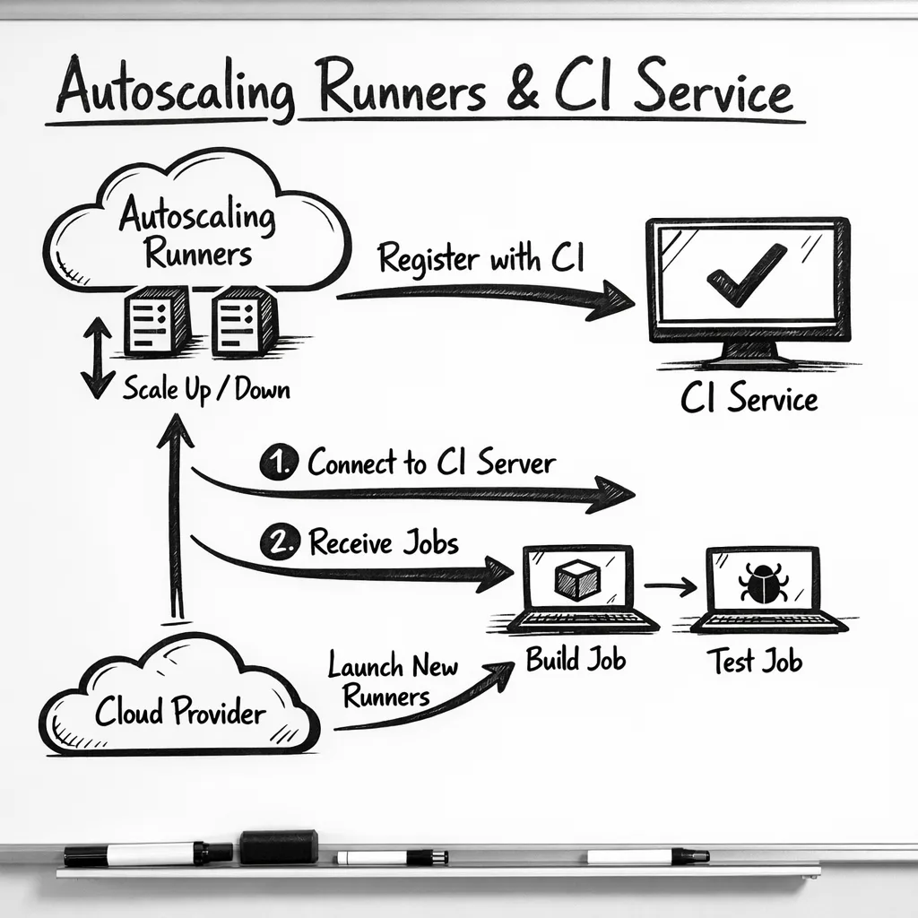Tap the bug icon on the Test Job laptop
[763, 583]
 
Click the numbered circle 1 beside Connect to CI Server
[278, 463]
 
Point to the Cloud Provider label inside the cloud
[180, 713]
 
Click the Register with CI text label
[481, 258]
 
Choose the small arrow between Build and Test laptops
[671, 586]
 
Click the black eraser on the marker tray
[278, 846]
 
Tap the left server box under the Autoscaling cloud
[157, 321]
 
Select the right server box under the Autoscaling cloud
[243, 321]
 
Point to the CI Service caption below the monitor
[749, 398]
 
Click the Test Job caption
[754, 663]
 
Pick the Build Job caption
[576, 661]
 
